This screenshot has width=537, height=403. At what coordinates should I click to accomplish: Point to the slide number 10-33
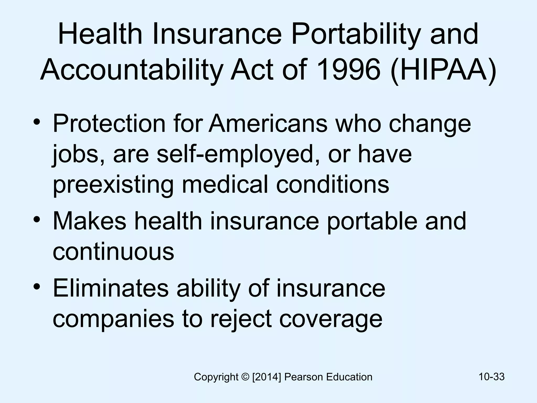491,377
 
